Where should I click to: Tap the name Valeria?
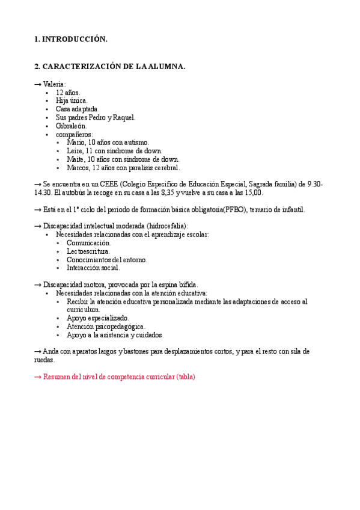[x=55, y=84]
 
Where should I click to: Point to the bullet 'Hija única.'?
[x=72, y=101]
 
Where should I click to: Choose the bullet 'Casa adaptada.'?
[x=78, y=109]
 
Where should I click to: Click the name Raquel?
[x=124, y=118]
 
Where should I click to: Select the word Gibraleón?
[x=72, y=126]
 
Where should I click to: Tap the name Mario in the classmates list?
[x=76, y=143]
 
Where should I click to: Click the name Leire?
[x=75, y=151]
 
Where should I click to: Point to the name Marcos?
[x=78, y=168]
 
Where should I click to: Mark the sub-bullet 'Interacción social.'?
[x=93, y=268]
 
